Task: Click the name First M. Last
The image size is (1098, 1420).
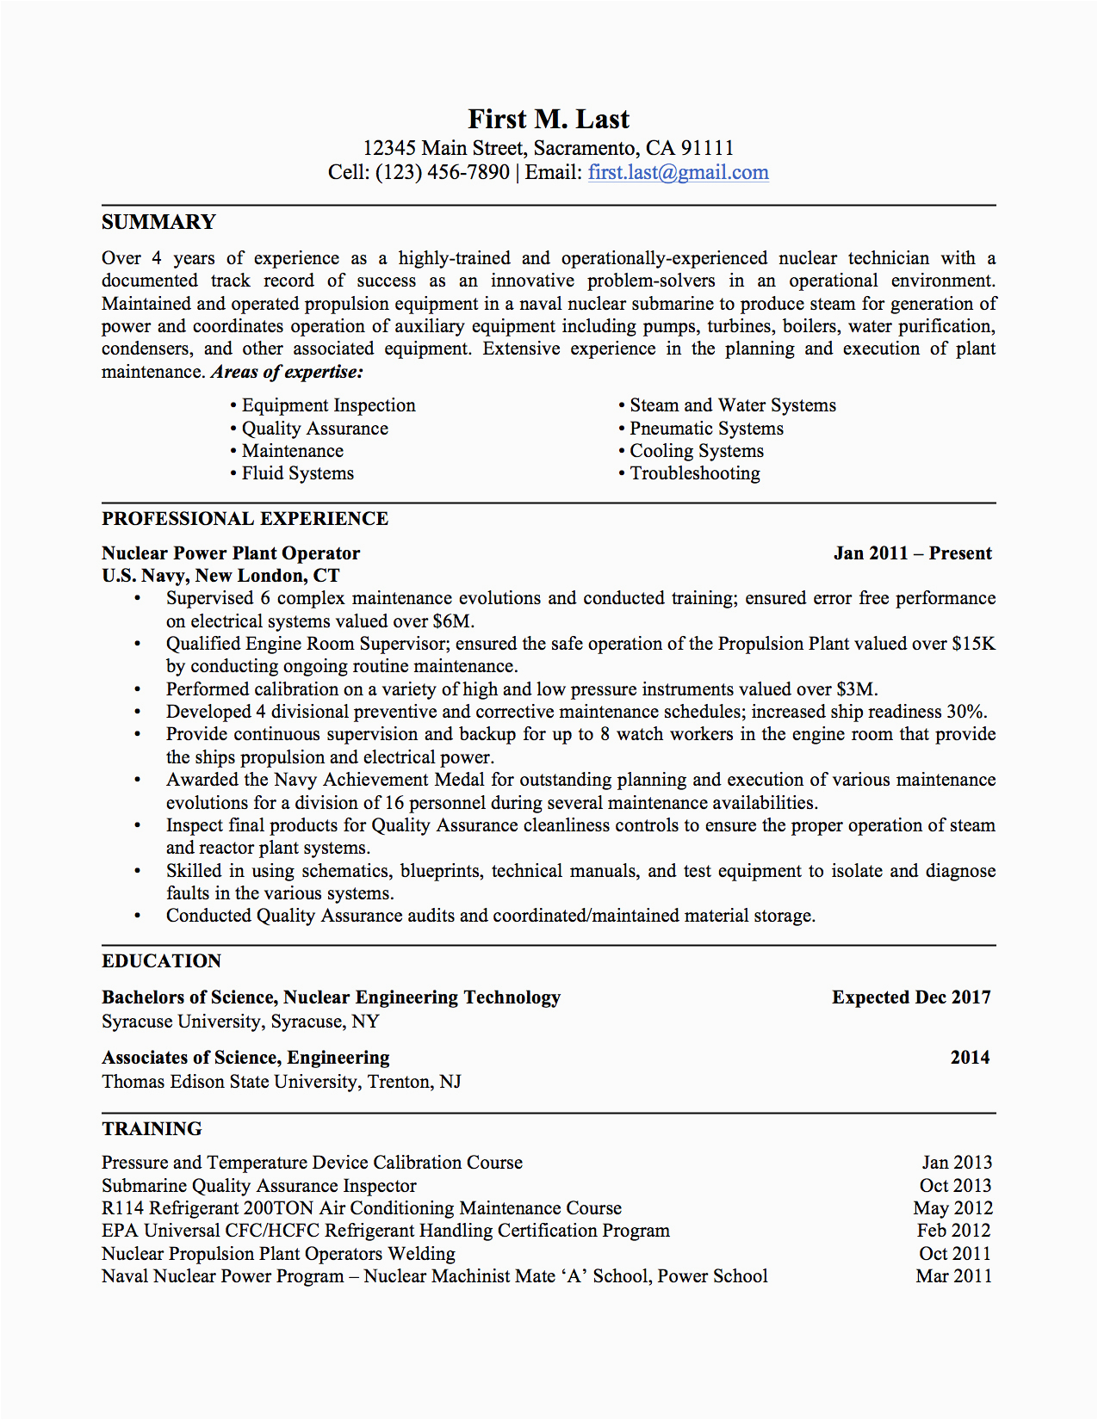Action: (x=549, y=120)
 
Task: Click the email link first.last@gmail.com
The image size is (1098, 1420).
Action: (x=678, y=172)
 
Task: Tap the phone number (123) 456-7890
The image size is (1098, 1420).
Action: (x=442, y=172)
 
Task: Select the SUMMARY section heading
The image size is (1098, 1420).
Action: (x=158, y=222)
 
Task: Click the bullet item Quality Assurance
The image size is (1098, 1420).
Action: (x=314, y=429)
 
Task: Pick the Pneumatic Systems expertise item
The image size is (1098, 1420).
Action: (x=706, y=429)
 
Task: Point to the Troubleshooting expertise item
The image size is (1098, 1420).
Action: (x=694, y=473)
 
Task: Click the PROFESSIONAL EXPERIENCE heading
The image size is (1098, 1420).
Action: (x=245, y=519)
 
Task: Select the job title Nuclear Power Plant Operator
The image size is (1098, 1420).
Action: (x=231, y=553)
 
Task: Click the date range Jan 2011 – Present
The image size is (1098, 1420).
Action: (x=912, y=553)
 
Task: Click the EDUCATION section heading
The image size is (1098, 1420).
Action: (x=161, y=961)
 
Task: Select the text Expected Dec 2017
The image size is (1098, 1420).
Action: (x=911, y=997)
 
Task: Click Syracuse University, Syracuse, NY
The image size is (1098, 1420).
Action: (x=240, y=1022)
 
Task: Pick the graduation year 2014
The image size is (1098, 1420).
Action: (x=970, y=1058)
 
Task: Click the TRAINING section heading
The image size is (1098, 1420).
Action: (x=152, y=1129)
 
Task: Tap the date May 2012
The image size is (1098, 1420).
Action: (x=952, y=1208)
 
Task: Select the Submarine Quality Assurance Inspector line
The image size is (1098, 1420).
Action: (x=258, y=1186)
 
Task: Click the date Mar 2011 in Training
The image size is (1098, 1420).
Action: (x=953, y=1276)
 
